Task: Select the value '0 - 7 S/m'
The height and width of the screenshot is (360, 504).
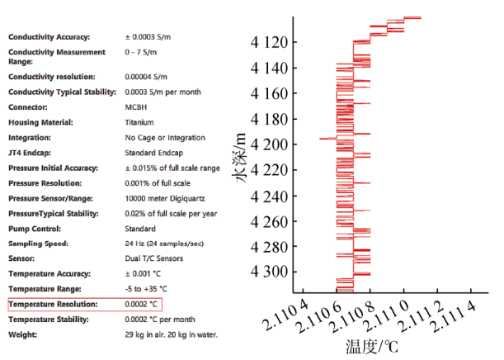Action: coord(144,52)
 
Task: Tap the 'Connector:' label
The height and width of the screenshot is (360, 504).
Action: coord(28,107)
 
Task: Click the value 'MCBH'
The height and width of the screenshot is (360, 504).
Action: coord(136,107)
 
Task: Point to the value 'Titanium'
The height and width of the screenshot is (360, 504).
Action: coord(139,122)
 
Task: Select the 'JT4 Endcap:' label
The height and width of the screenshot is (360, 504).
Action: coord(32,153)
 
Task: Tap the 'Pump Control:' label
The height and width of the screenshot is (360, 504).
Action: coord(34,229)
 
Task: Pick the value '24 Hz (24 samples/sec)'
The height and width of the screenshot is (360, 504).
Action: coord(166,244)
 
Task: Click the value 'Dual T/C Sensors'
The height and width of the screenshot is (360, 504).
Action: coord(154,258)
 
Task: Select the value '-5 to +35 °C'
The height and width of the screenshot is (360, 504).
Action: coord(146,289)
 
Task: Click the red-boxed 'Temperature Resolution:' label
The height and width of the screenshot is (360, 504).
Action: coord(53,305)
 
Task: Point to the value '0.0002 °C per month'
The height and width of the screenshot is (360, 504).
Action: coord(160,320)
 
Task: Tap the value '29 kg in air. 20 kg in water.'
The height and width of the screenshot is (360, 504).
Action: coord(171,334)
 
